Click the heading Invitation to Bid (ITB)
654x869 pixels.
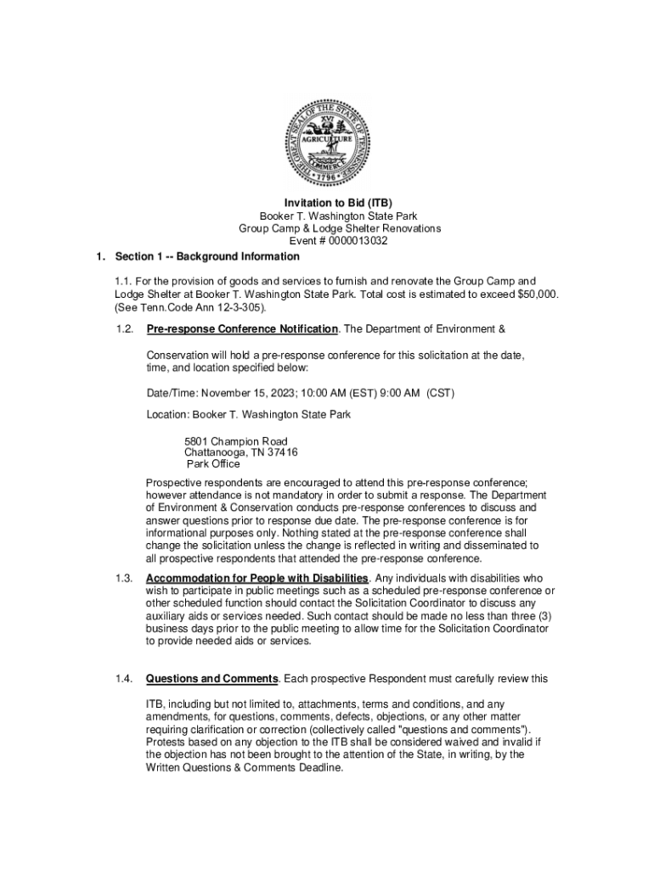(326, 204)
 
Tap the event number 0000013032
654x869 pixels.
(352, 241)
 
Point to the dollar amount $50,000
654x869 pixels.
(537, 294)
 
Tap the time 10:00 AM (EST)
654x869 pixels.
(339, 393)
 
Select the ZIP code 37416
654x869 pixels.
(279, 452)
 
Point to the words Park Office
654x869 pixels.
(214, 464)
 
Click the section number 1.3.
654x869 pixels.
(124, 578)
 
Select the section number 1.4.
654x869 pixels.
(124, 679)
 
